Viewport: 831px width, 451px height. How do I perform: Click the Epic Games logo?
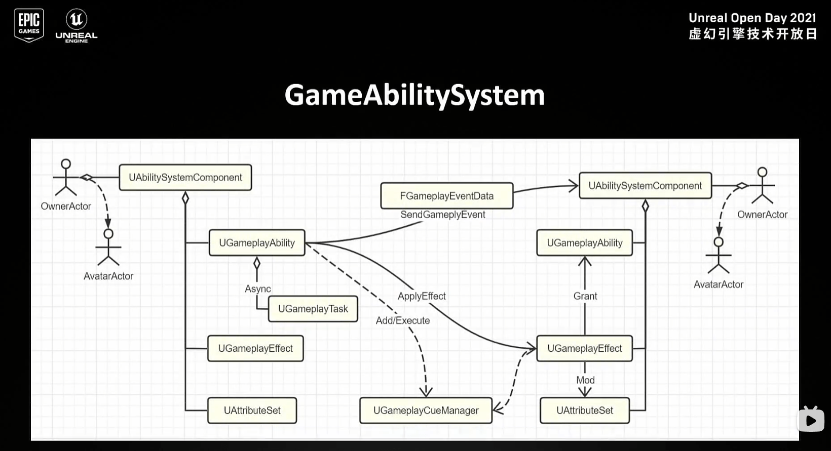(29, 25)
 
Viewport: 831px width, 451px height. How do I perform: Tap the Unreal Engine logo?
(77, 26)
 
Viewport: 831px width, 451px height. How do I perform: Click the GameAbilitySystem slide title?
(414, 95)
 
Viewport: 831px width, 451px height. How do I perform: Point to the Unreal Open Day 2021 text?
(752, 18)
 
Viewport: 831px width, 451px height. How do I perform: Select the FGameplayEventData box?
(446, 196)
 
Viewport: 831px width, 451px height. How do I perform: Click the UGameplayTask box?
(313, 309)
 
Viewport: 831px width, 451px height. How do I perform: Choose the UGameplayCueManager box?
(426, 411)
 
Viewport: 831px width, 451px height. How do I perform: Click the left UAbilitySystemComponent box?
(185, 178)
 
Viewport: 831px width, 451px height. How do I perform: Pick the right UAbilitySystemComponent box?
(645, 186)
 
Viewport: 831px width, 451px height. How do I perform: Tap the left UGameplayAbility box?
(257, 243)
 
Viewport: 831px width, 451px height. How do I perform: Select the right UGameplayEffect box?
(584, 348)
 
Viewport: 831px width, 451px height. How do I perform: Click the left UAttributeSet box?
(252, 411)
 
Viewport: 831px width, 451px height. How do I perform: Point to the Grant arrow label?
(585, 296)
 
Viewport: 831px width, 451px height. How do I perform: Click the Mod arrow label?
(585, 380)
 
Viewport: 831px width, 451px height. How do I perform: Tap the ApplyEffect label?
(422, 296)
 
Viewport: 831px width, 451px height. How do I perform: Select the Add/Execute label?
(403, 320)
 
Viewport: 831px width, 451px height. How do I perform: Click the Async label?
(258, 289)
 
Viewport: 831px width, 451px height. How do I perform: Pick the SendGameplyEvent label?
(443, 215)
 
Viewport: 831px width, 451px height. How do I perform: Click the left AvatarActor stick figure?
(108, 248)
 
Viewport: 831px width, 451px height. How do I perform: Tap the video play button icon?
(811, 420)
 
